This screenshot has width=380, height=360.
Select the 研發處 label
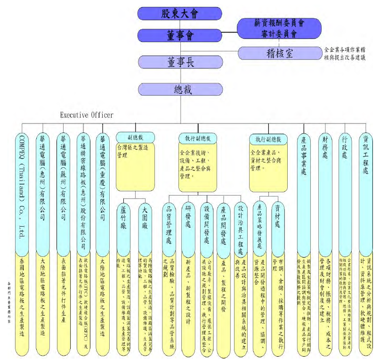[188, 221]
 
